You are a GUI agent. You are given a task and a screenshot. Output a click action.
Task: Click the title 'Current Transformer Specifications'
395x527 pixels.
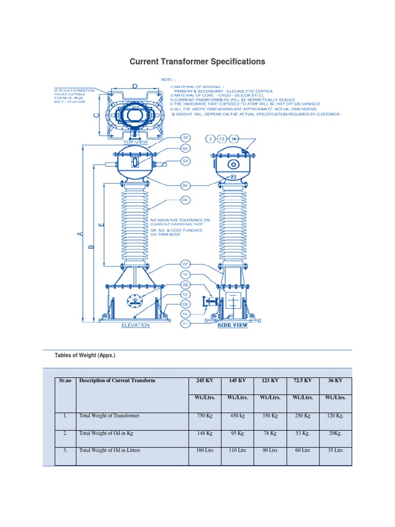tap(197, 62)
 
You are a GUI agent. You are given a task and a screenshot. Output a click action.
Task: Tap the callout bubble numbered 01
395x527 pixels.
tap(186, 138)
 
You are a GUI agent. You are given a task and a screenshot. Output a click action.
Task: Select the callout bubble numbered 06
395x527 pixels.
tap(186, 200)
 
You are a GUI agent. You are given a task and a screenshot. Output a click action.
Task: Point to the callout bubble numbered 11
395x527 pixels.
tap(186, 324)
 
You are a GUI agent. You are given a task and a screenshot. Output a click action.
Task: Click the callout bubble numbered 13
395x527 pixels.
tap(222, 139)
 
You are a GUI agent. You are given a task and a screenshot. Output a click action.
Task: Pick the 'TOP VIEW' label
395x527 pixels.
tap(135, 142)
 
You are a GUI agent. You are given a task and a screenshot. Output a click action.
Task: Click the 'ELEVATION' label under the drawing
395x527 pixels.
tap(135, 325)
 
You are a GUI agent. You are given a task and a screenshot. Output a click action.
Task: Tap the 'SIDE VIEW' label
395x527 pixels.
tap(232, 325)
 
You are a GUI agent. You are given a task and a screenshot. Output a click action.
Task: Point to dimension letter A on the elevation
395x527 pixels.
tap(80, 234)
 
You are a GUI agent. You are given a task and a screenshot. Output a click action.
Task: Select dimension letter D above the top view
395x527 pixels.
tap(135, 87)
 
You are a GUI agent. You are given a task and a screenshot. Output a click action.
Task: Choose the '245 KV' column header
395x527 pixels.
tap(204, 381)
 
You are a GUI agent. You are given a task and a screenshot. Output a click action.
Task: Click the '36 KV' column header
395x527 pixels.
tap(334, 381)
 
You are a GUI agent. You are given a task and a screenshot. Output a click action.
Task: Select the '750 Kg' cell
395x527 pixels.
tap(204, 416)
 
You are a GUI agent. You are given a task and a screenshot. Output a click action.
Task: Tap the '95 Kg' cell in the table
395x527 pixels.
tap(237, 433)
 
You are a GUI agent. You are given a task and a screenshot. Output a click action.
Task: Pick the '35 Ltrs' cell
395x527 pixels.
tap(334, 450)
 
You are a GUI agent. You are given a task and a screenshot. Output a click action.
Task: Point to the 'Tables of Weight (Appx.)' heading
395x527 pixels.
tap(82, 355)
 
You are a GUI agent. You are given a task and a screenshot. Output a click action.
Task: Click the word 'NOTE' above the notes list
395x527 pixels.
tap(167, 80)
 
